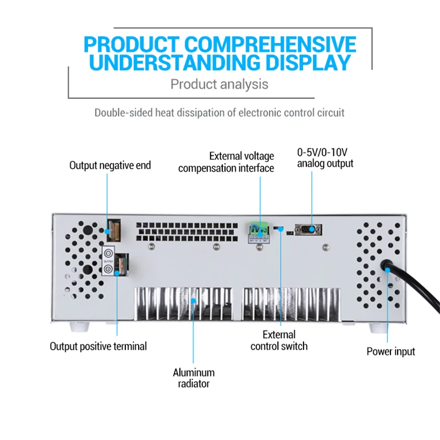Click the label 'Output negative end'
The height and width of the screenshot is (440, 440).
click(x=110, y=165)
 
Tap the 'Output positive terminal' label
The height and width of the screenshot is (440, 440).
click(x=98, y=346)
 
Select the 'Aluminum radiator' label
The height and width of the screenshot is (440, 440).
click(x=194, y=378)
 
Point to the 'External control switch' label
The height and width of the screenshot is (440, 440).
click(x=279, y=340)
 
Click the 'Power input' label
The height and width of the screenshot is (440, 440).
click(x=391, y=351)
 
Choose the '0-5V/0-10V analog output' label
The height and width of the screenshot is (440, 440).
click(x=325, y=157)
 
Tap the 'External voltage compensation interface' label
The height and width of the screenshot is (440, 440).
click(x=226, y=162)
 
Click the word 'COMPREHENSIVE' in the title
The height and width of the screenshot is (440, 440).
click(x=269, y=44)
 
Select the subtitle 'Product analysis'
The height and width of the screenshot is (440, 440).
click(x=219, y=84)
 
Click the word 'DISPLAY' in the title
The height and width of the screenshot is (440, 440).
click(x=305, y=62)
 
